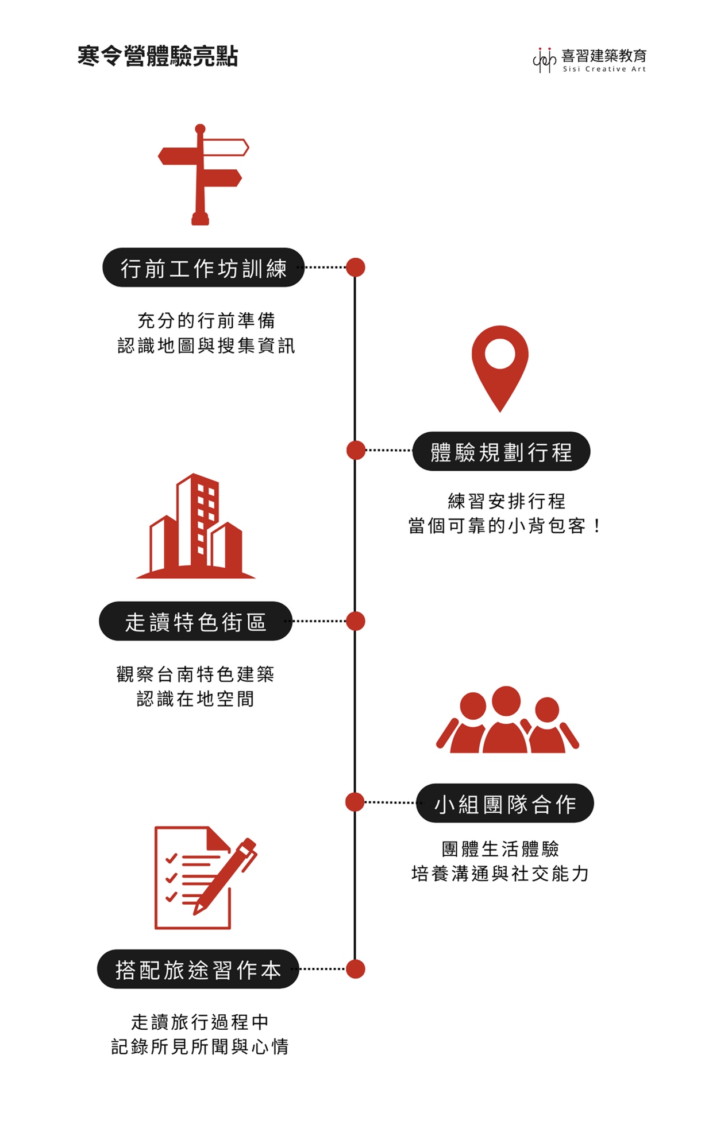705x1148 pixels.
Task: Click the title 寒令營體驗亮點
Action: click(x=157, y=56)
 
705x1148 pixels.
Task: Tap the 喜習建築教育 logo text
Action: click(x=603, y=55)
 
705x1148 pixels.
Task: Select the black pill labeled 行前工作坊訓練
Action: click(x=203, y=267)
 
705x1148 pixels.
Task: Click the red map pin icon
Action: click(x=500, y=367)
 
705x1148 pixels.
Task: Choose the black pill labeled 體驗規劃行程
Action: click(x=501, y=452)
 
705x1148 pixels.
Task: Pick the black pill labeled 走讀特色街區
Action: click(x=195, y=622)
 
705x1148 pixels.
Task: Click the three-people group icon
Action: click(x=507, y=720)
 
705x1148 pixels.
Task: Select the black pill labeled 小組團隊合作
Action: click(x=504, y=803)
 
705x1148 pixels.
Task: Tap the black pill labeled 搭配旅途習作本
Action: click(x=198, y=969)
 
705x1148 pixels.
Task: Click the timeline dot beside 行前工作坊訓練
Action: click(x=356, y=267)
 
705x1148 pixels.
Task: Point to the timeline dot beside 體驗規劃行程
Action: click(x=356, y=451)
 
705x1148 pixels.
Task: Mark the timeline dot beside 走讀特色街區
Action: click(x=356, y=621)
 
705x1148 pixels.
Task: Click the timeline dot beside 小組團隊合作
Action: click(x=355, y=802)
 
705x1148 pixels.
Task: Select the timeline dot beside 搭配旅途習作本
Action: click(x=356, y=969)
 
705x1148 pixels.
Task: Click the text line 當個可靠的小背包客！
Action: click(x=504, y=526)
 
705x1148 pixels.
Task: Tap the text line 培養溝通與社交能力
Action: click(x=500, y=874)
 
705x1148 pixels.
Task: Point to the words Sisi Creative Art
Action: click(x=604, y=69)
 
